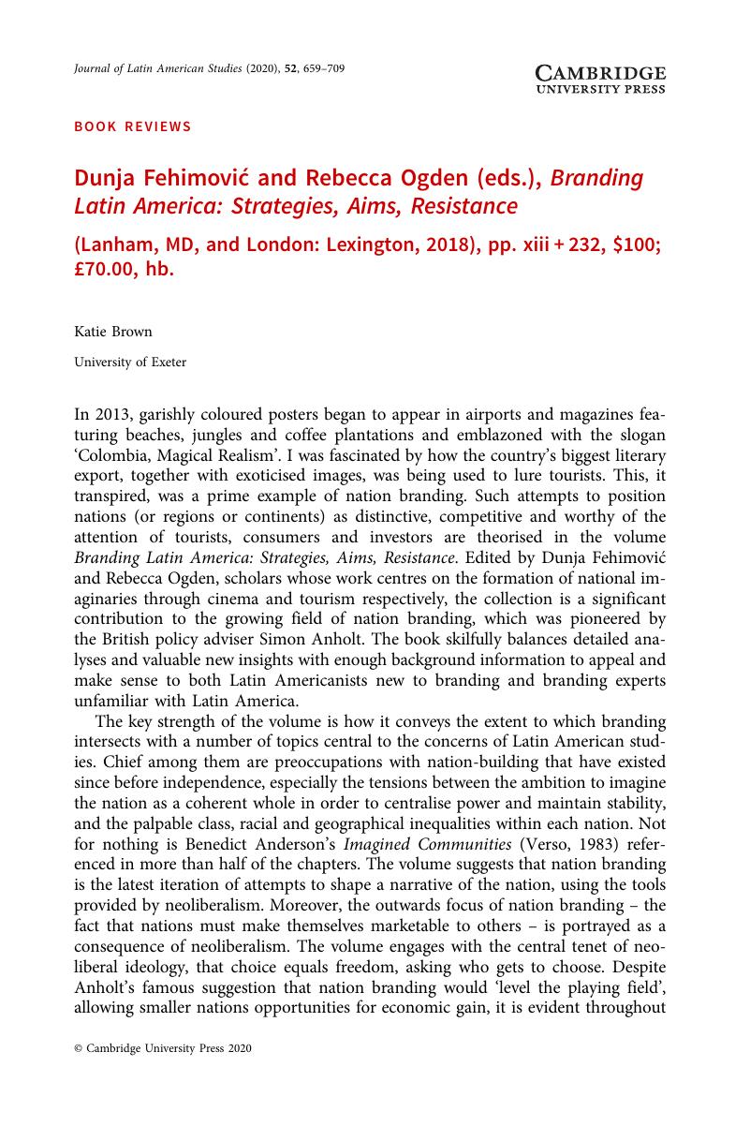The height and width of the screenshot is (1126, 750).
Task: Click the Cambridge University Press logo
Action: click(x=600, y=80)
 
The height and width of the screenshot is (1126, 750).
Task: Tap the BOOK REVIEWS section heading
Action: click(x=132, y=126)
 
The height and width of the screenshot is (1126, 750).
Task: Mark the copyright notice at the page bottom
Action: click(x=163, y=1075)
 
